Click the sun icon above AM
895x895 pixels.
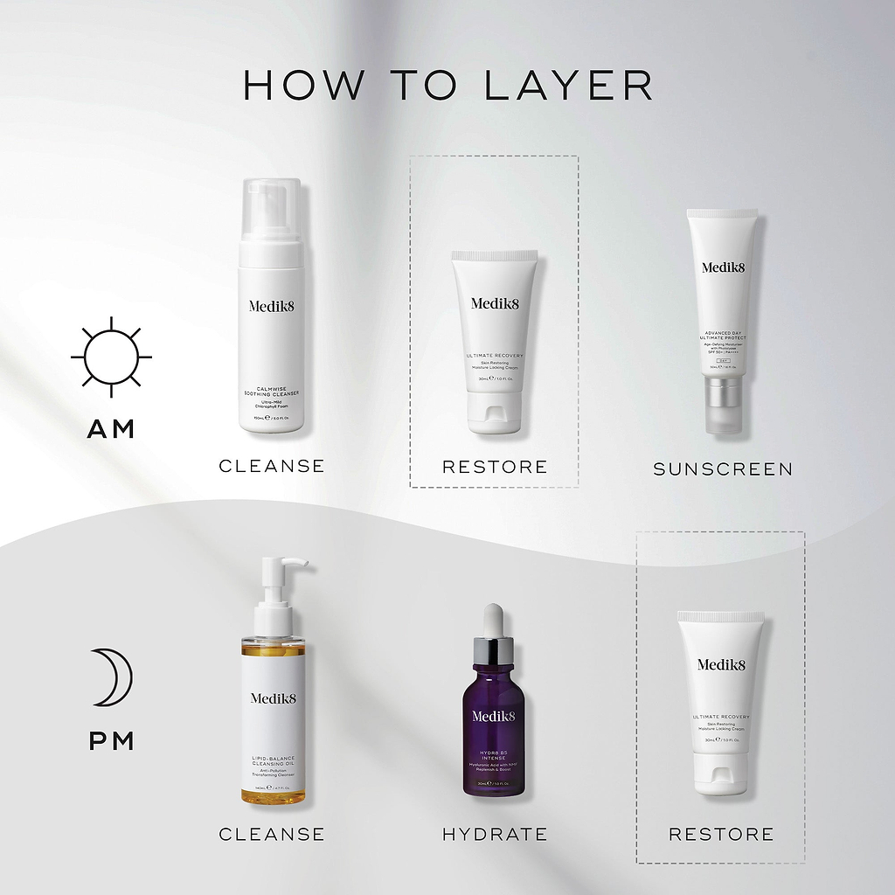[111, 357]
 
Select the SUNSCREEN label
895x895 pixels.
[723, 469]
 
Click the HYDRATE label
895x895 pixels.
[495, 834]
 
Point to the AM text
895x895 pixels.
[111, 429]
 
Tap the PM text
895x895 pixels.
[111, 741]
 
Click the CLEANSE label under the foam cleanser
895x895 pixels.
[272, 466]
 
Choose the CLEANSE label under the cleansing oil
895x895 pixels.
[272, 834]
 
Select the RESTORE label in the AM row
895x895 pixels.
[495, 467]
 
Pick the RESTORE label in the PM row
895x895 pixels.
[721, 834]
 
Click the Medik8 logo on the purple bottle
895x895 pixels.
[494, 716]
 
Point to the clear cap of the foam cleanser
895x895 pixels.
[271, 211]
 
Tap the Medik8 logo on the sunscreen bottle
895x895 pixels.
[721, 267]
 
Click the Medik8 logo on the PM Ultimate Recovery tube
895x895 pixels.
[721, 664]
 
